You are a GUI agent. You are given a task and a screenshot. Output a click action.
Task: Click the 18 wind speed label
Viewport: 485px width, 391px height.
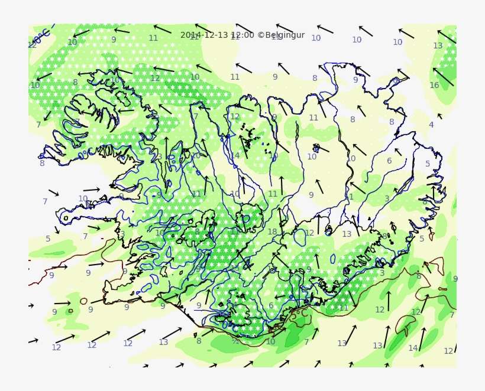click(x=272, y=232)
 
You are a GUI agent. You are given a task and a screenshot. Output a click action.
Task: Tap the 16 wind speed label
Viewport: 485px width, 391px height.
click(x=434, y=85)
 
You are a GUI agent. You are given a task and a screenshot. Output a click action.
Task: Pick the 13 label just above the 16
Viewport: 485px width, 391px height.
click(x=438, y=45)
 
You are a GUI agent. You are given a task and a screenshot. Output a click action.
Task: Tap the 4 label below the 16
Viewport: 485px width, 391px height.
click(x=431, y=125)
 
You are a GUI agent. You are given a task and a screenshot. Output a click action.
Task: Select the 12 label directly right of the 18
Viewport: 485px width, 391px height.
click(x=309, y=233)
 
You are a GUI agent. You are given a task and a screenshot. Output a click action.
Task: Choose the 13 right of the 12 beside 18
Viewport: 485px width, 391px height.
click(x=347, y=234)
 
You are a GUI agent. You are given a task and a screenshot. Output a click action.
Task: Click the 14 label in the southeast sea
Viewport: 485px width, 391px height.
click(x=413, y=348)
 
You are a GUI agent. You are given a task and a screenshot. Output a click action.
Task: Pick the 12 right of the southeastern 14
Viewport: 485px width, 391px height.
click(x=448, y=351)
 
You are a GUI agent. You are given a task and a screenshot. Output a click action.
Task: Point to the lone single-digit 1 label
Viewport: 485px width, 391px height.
click(x=351, y=197)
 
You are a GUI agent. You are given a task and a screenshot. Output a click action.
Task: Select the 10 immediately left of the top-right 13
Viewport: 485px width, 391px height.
click(x=397, y=42)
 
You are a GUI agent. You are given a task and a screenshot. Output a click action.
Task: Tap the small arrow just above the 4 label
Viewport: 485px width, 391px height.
click(x=439, y=116)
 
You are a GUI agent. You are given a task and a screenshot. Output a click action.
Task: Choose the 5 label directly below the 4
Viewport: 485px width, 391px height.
click(x=428, y=164)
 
